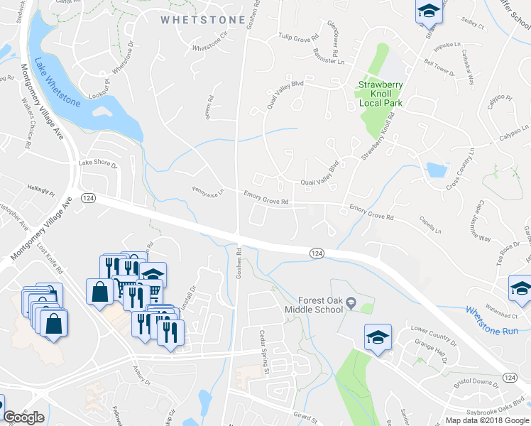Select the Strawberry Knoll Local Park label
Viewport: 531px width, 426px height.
(380, 93)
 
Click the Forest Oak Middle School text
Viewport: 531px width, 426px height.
(312, 304)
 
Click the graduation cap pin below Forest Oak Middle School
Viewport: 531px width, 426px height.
(378, 337)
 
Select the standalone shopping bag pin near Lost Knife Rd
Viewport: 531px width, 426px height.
(99, 291)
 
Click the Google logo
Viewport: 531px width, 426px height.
(23, 417)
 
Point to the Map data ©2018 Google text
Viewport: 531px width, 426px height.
(487, 420)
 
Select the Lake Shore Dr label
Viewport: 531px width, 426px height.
(97, 163)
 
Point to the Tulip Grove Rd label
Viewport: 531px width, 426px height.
(295, 35)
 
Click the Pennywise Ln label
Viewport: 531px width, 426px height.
(207, 191)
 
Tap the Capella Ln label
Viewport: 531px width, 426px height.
(429, 225)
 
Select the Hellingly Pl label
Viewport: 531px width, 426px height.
(41, 190)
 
